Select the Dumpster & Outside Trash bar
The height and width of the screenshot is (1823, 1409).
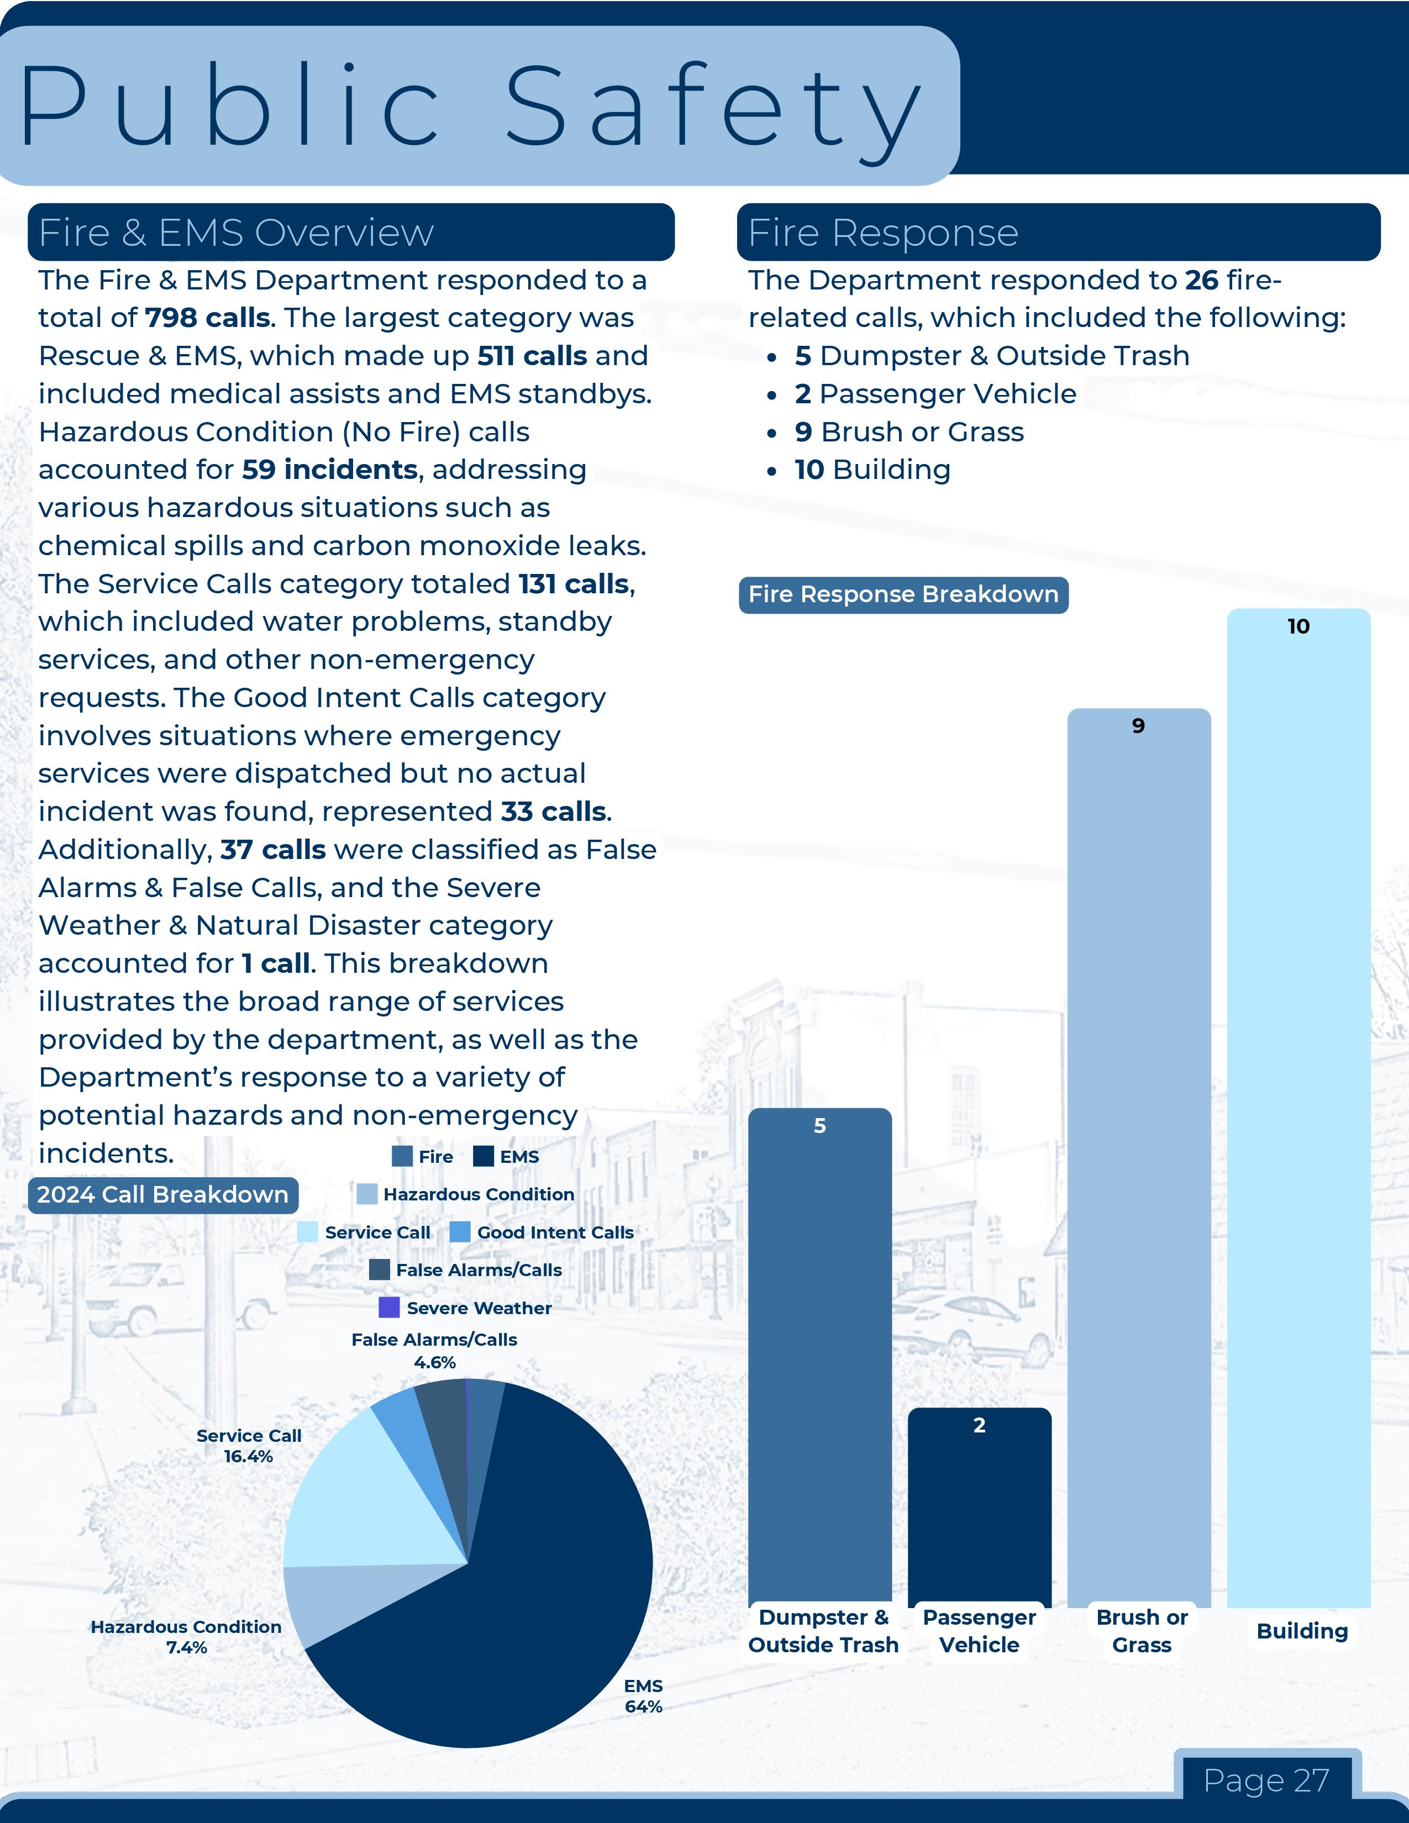819,1361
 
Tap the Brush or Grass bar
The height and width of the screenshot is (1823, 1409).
1139,1160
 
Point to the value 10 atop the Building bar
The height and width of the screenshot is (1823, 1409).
1298,626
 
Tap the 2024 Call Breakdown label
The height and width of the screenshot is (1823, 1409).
163,1194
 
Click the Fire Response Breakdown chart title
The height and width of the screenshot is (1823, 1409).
903,594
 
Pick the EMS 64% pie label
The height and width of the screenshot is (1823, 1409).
643,1696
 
